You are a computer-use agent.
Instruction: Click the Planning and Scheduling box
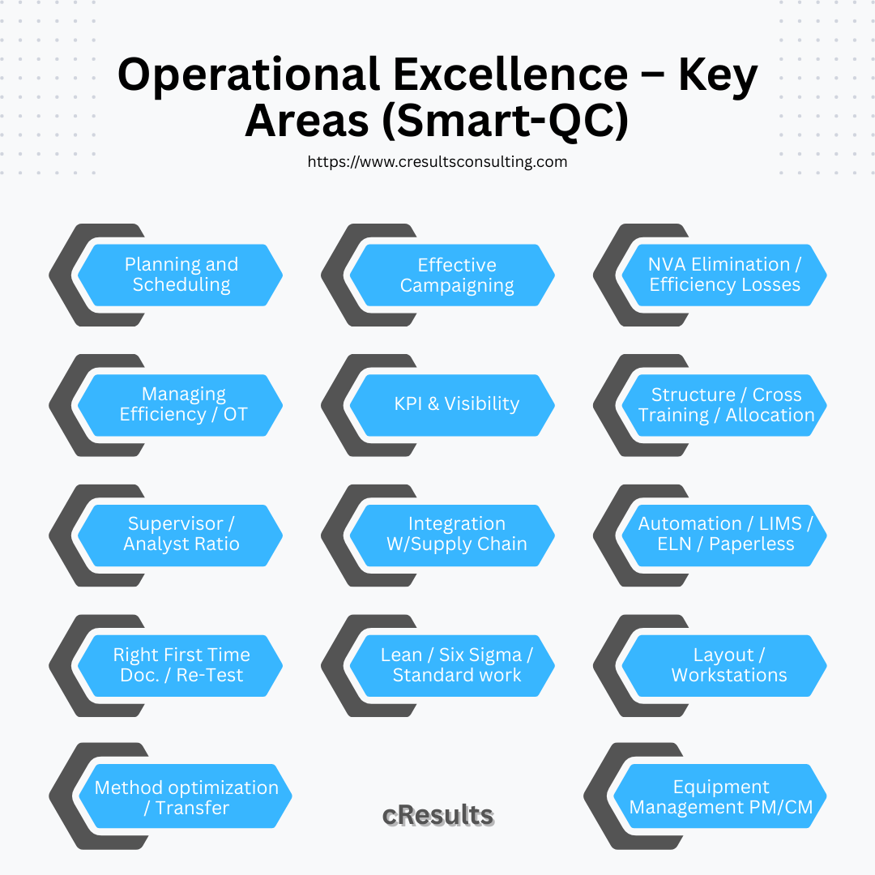click(181, 275)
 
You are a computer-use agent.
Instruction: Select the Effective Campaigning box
click(456, 275)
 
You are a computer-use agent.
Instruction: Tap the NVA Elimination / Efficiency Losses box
click(724, 275)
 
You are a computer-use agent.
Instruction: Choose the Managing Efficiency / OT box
click(183, 404)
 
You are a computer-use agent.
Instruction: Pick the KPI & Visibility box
click(456, 404)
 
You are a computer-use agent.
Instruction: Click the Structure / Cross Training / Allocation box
click(726, 404)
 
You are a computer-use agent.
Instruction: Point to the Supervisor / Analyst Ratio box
click(181, 534)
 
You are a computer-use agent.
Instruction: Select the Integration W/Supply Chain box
click(456, 534)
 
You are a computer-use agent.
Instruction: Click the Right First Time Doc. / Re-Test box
click(181, 665)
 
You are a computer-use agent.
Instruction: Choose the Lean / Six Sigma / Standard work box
click(456, 665)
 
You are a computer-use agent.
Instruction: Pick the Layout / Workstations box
click(728, 665)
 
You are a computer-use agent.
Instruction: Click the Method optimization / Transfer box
click(186, 797)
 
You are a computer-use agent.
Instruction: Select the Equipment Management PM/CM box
click(721, 797)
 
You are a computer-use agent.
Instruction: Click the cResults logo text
click(437, 815)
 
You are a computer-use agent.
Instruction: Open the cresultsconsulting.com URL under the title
click(437, 161)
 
